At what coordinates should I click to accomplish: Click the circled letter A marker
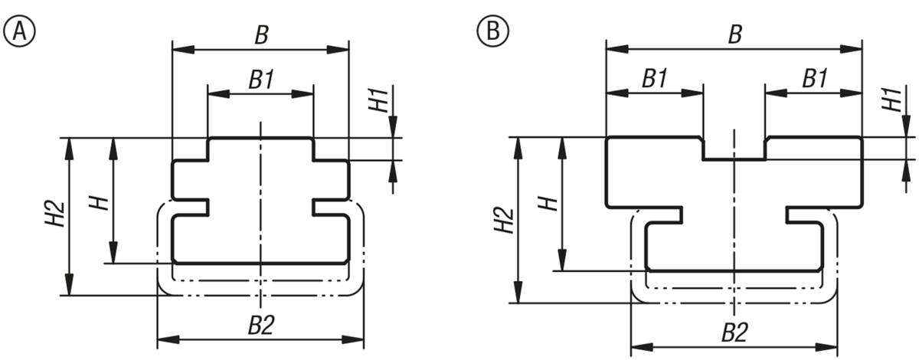click(19, 31)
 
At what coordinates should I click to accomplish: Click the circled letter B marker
click(492, 31)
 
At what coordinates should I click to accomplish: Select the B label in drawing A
click(262, 35)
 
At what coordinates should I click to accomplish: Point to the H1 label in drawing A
click(378, 100)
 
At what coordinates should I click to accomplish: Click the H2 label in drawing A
click(55, 214)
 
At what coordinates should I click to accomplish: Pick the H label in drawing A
click(100, 203)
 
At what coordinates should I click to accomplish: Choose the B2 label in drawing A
click(261, 325)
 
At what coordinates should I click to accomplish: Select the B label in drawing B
click(735, 34)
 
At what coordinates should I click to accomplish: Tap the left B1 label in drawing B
click(654, 78)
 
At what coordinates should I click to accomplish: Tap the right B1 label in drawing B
click(815, 78)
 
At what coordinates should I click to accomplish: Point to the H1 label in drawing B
click(892, 100)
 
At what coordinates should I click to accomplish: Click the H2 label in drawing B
click(504, 220)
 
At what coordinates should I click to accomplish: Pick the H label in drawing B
click(548, 204)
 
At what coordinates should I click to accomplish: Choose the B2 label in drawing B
click(734, 332)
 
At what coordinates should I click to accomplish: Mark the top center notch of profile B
click(734, 149)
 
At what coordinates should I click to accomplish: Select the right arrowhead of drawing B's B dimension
click(851, 49)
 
